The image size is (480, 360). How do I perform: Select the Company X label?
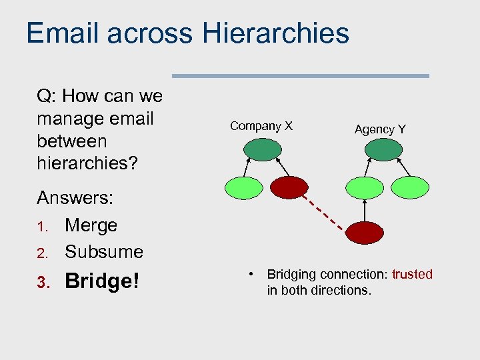(x=261, y=126)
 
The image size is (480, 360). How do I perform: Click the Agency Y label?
(x=380, y=129)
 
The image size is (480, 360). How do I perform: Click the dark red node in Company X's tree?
(x=287, y=187)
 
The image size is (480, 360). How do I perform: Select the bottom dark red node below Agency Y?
(x=364, y=233)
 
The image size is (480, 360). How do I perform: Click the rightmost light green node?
(x=409, y=187)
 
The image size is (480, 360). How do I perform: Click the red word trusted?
(x=412, y=275)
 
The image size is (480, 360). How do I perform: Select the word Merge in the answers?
(x=91, y=225)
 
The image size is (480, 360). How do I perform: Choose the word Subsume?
(x=103, y=252)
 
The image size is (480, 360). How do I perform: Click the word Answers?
(x=75, y=198)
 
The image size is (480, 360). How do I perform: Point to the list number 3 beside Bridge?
(x=41, y=283)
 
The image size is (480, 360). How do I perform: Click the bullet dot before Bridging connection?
(x=249, y=274)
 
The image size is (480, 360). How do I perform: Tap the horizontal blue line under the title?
(x=300, y=76)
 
